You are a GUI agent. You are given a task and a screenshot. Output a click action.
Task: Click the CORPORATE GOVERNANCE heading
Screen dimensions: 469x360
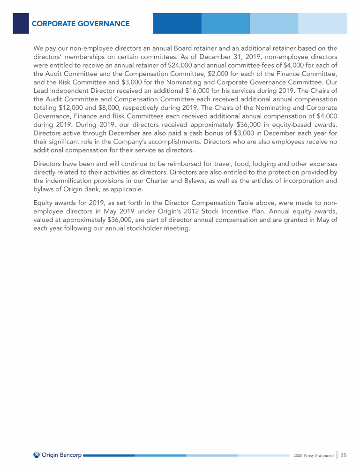coord(81,23)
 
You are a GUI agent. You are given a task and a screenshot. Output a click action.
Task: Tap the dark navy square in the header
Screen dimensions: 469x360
coord(21,23)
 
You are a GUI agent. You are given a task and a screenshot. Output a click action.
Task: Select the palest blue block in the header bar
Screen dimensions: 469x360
coord(322,23)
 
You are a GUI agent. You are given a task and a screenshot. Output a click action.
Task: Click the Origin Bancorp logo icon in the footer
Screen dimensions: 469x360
coord(37,454)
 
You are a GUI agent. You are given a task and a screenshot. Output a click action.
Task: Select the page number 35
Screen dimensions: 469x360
coord(344,455)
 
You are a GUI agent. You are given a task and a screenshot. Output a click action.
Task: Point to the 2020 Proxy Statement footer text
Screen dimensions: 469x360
coord(314,455)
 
